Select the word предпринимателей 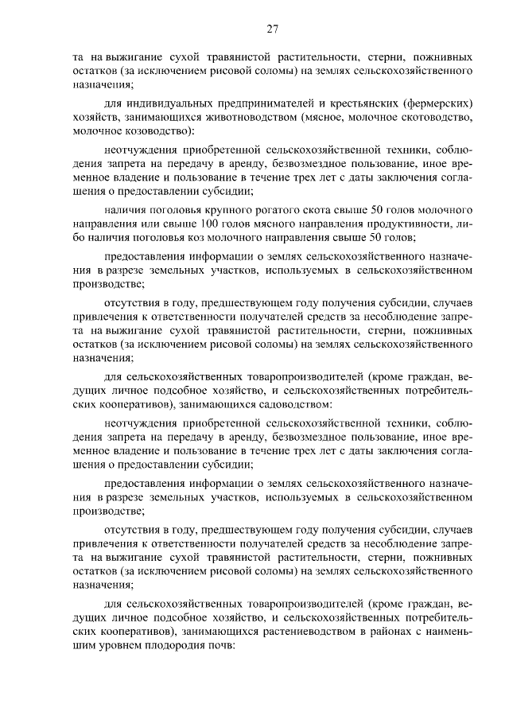point(258,103)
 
